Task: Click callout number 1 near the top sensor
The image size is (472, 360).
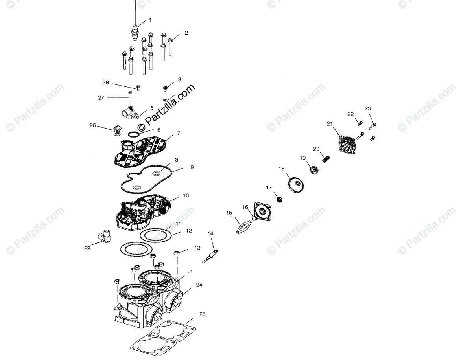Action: tap(150, 20)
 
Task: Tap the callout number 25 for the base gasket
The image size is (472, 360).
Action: tap(202, 314)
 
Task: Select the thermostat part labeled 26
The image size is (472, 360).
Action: tap(116, 130)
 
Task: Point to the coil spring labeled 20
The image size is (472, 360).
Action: tap(325, 159)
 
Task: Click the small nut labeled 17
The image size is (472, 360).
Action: tap(280, 200)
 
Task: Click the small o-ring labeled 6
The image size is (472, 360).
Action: tap(134, 135)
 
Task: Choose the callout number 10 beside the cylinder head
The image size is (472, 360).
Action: tap(186, 195)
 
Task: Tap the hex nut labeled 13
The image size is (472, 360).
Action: tap(177, 252)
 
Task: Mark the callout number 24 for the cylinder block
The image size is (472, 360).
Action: tap(199, 285)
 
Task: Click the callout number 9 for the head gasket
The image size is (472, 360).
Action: tap(192, 167)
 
